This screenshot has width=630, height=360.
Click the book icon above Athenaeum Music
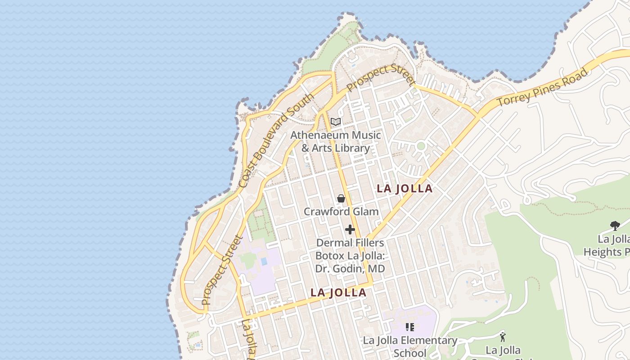(336, 121)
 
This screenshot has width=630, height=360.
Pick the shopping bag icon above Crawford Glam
(341, 198)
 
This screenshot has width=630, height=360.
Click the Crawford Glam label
(341, 211)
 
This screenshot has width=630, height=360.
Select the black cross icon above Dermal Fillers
(350, 229)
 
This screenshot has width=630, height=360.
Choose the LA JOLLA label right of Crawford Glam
(405, 189)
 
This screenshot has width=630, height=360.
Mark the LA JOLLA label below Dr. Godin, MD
(338, 292)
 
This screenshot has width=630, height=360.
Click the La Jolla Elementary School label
(410, 346)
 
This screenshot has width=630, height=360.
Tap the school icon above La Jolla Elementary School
(409, 327)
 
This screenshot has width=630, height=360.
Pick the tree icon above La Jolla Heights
(615, 225)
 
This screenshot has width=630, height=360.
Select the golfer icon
(503, 337)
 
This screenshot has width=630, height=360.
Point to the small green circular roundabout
(421, 146)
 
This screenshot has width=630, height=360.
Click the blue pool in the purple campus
(264, 261)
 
